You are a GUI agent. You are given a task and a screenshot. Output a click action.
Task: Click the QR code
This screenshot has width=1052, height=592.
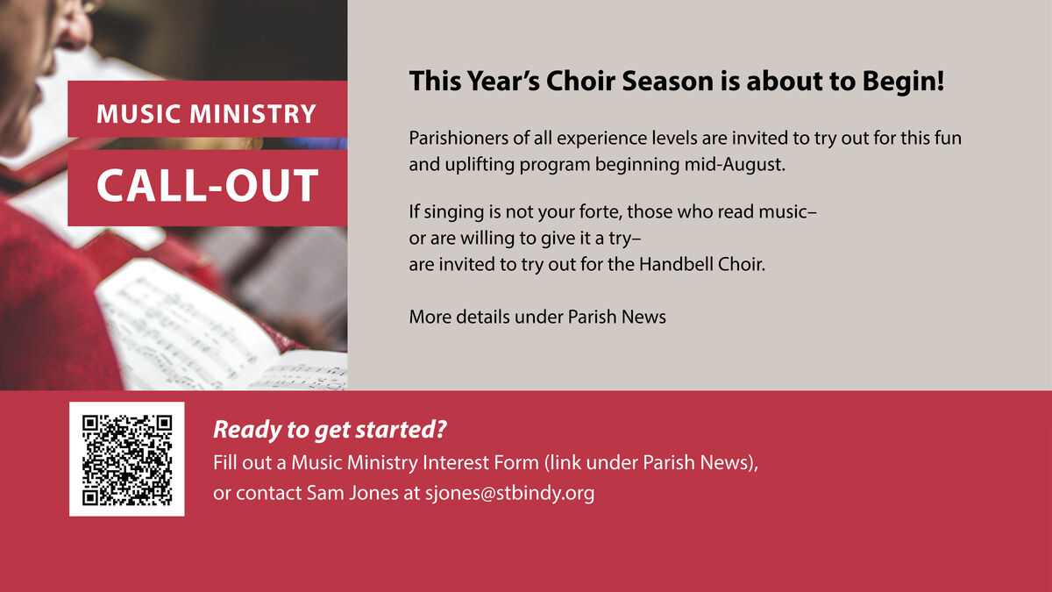127,459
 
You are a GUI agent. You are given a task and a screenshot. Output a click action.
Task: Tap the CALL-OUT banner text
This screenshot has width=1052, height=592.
208,185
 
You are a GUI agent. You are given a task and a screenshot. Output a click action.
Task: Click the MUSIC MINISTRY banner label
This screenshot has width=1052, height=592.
206,114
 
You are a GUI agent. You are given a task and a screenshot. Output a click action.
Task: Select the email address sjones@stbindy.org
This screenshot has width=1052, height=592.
509,493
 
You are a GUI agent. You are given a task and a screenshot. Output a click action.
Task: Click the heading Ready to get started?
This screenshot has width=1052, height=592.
330,430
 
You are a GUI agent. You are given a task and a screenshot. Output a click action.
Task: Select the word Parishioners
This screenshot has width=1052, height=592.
458,139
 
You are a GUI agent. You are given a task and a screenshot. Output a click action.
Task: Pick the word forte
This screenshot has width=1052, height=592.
601,211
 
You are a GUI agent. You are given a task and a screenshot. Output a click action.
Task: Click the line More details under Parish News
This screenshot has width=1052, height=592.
537,317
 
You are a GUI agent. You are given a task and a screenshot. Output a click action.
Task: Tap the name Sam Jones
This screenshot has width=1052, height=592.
352,493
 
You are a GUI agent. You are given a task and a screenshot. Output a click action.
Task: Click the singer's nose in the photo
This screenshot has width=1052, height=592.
77,33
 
